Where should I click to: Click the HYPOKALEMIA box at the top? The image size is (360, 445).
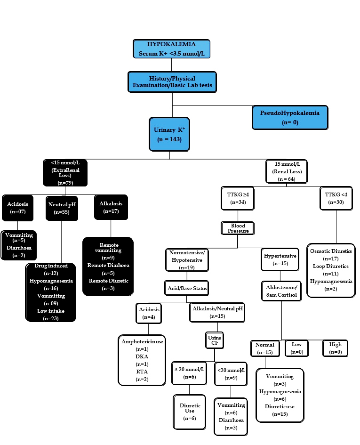tap(171, 49)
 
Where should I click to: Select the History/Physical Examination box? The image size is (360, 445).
tap(172, 81)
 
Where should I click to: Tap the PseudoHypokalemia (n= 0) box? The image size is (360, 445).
tap(289, 117)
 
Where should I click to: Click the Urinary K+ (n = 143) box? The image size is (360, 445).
tap(169, 134)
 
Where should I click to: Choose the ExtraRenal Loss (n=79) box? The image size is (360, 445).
tap(66, 172)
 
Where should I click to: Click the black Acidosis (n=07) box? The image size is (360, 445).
tap(18, 207)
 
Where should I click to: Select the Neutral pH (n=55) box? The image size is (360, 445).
tap(62, 208)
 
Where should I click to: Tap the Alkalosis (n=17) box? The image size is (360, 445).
tap(110, 206)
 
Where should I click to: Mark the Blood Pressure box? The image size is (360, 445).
tap(238, 228)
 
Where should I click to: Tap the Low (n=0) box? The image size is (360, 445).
tap(296, 348)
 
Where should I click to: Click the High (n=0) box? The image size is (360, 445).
tap(335, 348)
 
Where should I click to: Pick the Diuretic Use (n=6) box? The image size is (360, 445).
tap(190, 411)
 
